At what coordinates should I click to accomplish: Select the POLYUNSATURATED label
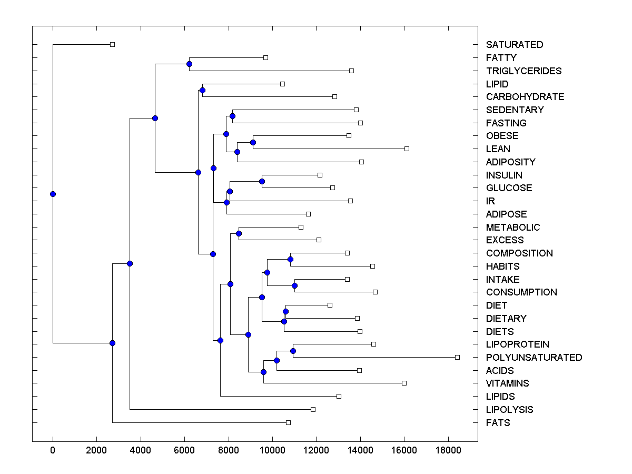534,358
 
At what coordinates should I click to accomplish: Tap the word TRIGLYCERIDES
524,71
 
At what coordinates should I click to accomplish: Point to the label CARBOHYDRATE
525,97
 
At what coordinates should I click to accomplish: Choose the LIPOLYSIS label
509,410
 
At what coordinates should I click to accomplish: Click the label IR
490,201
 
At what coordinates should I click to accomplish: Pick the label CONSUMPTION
521,292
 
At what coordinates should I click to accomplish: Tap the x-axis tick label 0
53,450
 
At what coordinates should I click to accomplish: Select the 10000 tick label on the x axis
272,450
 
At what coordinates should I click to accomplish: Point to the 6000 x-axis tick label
184,450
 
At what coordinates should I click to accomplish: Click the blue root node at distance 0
53,194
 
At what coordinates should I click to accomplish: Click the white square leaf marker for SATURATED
112,45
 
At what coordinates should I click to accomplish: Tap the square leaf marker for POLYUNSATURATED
457,357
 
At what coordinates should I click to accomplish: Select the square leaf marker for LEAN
407,149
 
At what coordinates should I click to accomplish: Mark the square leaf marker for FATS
288,422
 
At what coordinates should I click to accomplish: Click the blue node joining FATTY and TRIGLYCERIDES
189,64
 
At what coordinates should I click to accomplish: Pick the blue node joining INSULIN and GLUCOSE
262,181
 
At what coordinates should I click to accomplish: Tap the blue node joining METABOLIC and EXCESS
239,233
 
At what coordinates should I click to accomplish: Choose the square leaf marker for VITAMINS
404,383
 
